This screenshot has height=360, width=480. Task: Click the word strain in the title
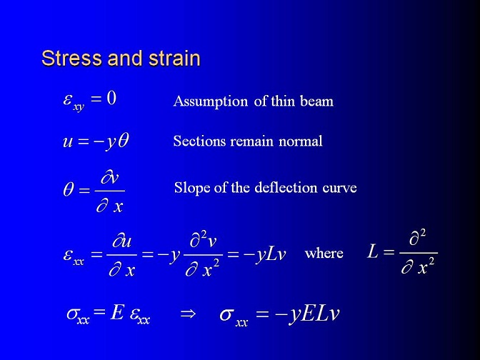(174, 58)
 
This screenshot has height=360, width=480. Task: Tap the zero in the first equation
(111, 99)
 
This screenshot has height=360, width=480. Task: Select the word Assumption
(211, 101)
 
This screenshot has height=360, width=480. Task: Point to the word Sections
(199, 141)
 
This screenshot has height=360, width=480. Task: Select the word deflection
(286, 187)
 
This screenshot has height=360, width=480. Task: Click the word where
(324, 253)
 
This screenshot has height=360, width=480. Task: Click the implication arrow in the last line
(188, 314)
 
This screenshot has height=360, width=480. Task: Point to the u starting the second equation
(68, 141)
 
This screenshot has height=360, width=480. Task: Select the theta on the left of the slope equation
(69, 190)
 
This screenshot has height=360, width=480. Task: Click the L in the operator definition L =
(373, 252)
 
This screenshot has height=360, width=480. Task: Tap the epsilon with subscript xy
(74, 102)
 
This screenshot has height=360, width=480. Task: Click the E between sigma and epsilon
(117, 313)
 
